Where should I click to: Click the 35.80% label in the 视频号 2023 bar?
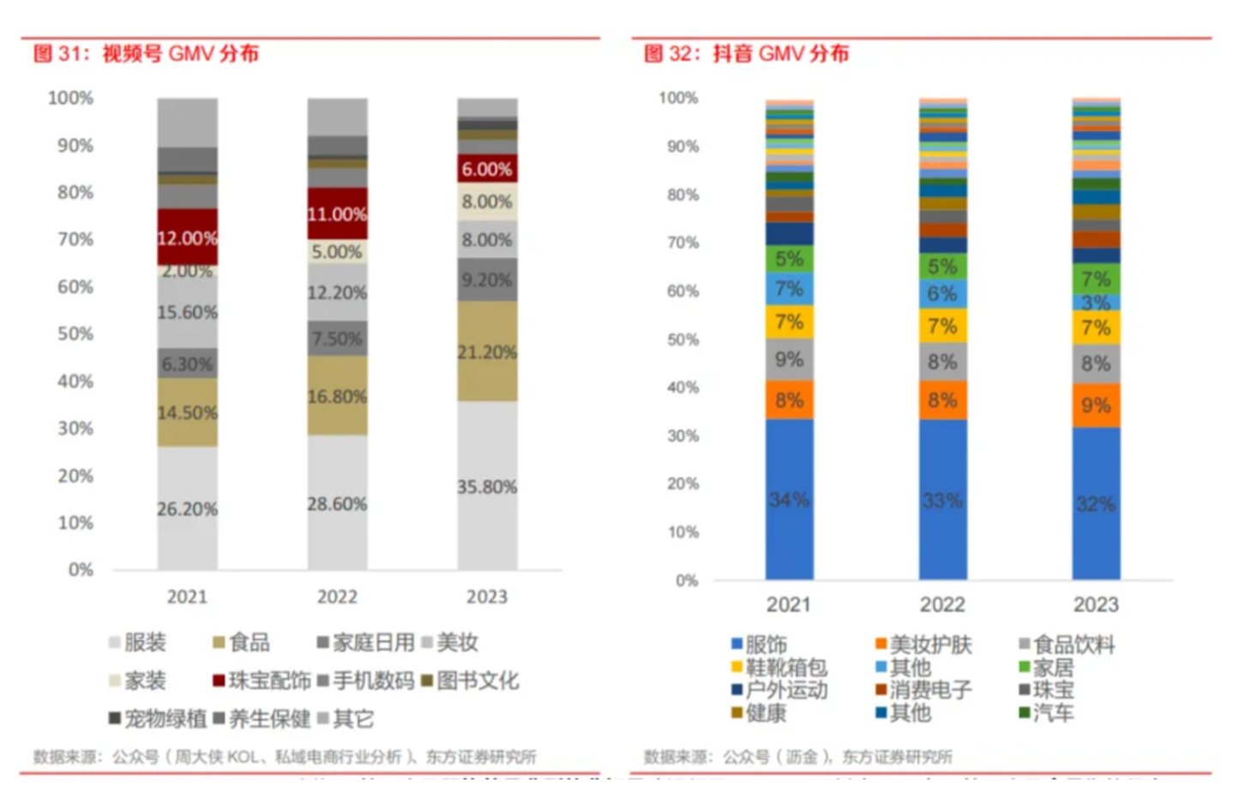[486, 486]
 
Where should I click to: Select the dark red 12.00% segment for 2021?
[187, 238]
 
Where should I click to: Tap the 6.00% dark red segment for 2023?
[486, 169]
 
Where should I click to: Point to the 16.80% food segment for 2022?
[337, 396]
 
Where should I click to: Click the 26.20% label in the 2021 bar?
[187, 509]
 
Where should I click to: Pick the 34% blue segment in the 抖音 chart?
[789, 499]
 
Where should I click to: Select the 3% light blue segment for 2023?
[1095, 302]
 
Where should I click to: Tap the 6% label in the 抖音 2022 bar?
[942, 293]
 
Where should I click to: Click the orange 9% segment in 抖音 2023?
[1095, 405]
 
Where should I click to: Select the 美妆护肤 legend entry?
[924, 644]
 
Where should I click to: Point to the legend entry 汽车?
[1047, 712]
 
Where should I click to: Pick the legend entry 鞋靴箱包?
[779, 667]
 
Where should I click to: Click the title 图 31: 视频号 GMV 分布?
[146, 53]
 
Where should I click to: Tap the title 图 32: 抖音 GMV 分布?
[746, 53]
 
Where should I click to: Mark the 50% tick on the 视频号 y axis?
[75, 334]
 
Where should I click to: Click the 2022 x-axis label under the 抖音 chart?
[942, 605]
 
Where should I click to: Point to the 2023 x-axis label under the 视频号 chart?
[486, 597]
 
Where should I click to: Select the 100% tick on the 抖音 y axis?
[678, 98]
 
